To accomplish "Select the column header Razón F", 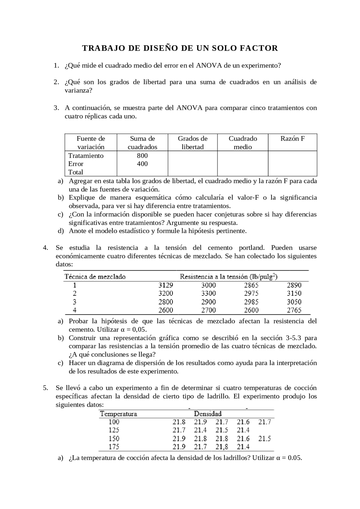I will (292, 139).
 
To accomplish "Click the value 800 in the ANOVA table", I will (142, 156).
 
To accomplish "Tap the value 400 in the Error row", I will (142, 164).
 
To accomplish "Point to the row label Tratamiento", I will (86, 156).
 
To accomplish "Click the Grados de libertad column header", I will (193, 142).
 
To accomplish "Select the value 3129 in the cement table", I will (166, 285).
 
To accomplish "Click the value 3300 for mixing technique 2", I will (208, 293).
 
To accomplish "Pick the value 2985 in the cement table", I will (251, 302).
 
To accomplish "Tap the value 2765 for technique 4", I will (294, 310).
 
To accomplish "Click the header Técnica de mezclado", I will (95, 277).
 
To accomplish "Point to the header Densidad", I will (208, 414).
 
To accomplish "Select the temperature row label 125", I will (114, 430).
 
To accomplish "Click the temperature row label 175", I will (114, 447).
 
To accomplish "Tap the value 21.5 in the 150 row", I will (264, 438).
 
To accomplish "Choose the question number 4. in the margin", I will (46, 248).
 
